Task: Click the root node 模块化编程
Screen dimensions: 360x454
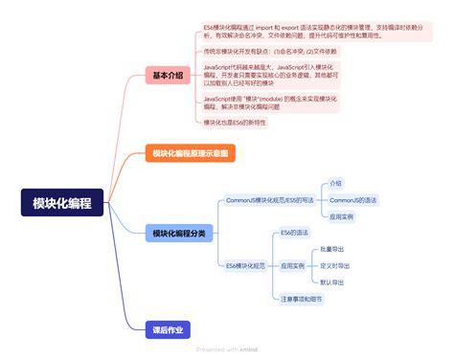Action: coord(62,202)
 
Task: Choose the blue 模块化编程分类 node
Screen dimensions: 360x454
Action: coord(179,233)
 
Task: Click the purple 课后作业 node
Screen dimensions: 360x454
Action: coord(167,329)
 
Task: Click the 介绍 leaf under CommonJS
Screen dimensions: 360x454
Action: coord(335,182)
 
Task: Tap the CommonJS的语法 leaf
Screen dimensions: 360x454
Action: coord(352,200)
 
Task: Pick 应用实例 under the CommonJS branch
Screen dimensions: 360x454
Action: coord(341,218)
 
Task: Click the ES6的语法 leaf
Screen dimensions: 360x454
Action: coord(294,233)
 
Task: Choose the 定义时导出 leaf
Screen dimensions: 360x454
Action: coord(335,265)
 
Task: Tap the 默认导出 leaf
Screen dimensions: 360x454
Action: coord(332,282)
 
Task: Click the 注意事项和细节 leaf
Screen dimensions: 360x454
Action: coord(301,299)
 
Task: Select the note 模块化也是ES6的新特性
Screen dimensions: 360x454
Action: coord(236,123)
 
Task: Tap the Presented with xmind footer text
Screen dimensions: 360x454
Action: coord(227,350)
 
